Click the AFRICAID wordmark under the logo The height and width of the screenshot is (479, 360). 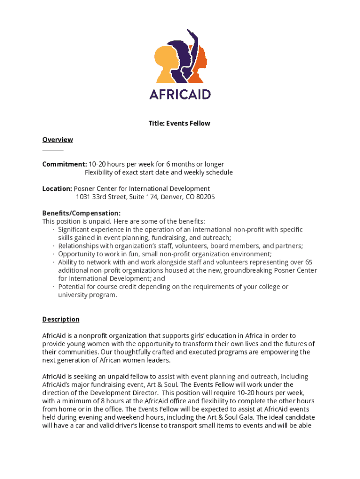(180, 94)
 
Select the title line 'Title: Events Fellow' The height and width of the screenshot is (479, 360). (180, 123)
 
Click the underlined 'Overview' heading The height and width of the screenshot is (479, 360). (58, 140)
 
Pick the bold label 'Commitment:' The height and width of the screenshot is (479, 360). (65, 164)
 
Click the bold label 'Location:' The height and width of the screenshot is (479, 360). (57, 189)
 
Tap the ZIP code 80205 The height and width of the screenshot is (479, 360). (205, 197)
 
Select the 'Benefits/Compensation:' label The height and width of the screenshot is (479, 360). (78, 213)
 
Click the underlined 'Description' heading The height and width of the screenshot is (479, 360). (61, 319)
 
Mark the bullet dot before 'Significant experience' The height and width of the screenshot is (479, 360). (54, 230)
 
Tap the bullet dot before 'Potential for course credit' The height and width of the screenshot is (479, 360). (54, 287)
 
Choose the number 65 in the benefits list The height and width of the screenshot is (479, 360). (308, 262)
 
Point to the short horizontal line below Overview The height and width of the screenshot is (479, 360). (53, 151)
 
